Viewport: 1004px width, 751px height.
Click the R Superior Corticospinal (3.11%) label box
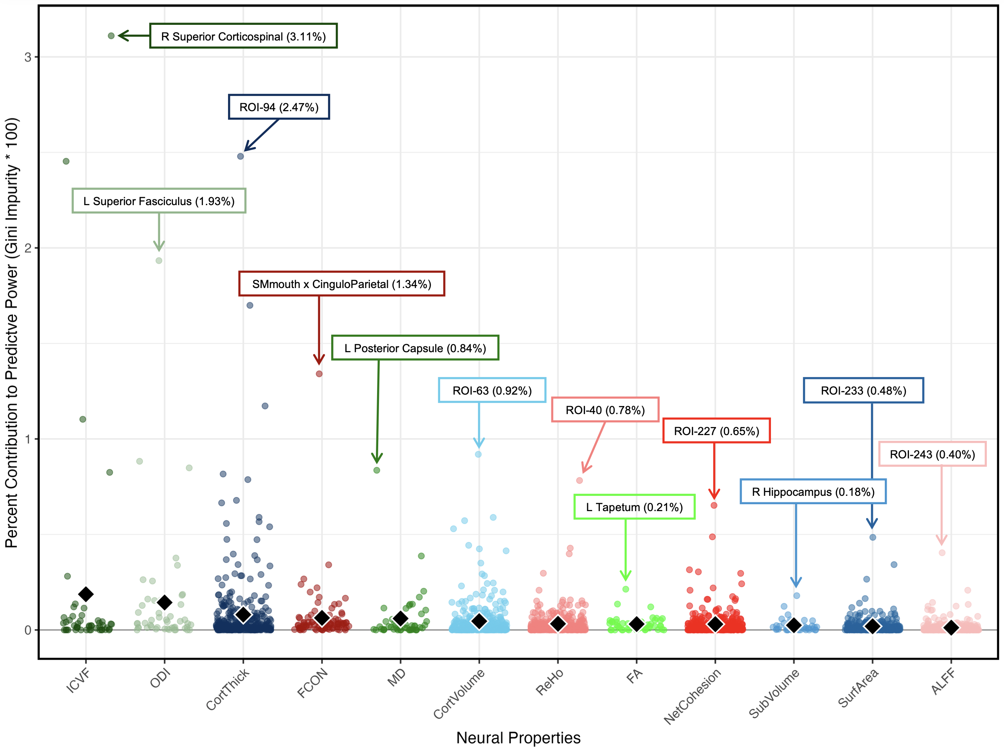pos(243,36)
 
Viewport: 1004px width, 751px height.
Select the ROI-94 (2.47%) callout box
pos(279,107)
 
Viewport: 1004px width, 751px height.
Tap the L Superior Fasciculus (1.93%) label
pos(159,201)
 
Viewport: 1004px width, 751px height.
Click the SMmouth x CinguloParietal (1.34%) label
pos(341,284)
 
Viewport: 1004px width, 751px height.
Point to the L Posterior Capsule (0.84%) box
pos(415,348)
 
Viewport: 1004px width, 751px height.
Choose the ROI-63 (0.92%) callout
pos(492,390)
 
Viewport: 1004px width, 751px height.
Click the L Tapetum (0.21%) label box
pos(634,507)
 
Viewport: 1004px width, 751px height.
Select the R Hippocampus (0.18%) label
pos(813,492)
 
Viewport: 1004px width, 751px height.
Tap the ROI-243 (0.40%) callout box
pos(932,454)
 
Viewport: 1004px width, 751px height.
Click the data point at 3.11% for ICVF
pos(111,36)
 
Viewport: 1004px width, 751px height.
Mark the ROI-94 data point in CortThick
pos(241,156)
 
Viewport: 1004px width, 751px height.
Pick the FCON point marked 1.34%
pos(319,374)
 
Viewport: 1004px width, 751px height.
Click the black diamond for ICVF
pos(86,594)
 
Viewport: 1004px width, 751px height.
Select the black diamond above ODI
pos(165,603)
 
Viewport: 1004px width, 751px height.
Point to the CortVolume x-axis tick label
pos(459,694)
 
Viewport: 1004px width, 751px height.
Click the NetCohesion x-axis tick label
pos(693,696)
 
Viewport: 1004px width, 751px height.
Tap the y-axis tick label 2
pos(28,248)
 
